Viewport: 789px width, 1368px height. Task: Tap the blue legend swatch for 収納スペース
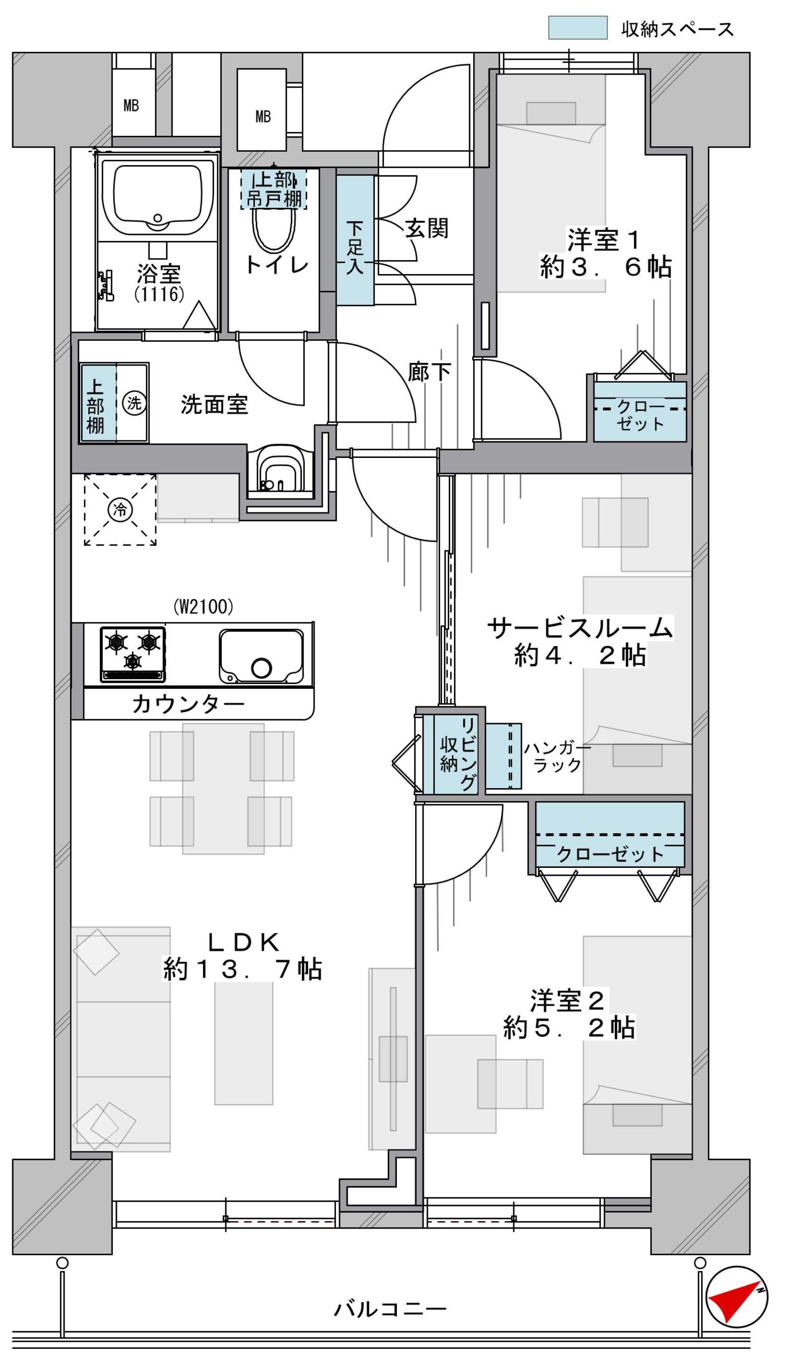577,28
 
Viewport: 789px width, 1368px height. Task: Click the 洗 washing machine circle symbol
134,403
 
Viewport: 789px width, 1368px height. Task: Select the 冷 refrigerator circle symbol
120,509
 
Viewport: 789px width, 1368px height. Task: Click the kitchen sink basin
261,656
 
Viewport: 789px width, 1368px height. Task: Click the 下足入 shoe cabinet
355,240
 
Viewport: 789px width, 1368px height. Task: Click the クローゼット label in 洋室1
640,415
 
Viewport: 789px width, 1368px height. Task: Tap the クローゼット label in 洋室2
610,854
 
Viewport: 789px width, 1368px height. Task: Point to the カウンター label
188,704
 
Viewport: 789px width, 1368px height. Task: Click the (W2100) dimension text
203,607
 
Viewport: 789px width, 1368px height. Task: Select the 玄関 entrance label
426,229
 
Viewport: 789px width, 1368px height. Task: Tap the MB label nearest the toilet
263,116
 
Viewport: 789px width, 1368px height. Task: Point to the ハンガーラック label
557,757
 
